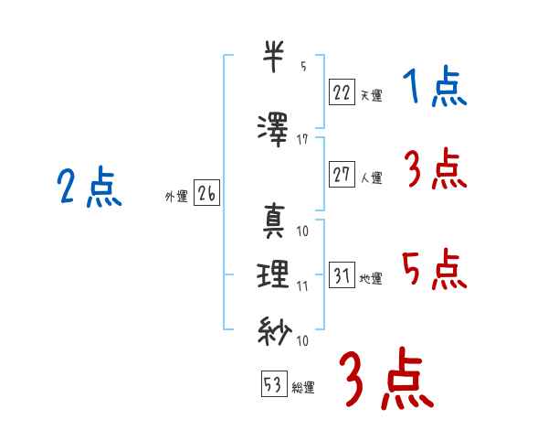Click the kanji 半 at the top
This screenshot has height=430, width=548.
pyautogui.click(x=273, y=57)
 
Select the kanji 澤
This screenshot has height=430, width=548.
pyautogui.click(x=273, y=130)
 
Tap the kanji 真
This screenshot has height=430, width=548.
pyautogui.click(x=273, y=221)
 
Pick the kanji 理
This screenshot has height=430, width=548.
pyautogui.click(x=273, y=274)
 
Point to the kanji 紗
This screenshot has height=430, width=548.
pyautogui.click(x=274, y=330)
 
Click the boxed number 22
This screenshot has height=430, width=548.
pyautogui.click(x=342, y=91)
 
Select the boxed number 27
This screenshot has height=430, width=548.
pyautogui.click(x=342, y=174)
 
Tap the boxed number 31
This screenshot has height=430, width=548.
pyautogui.click(x=342, y=274)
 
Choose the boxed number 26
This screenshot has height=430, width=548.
pyautogui.click(x=206, y=193)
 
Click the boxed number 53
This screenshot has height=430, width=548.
pyautogui.click(x=274, y=383)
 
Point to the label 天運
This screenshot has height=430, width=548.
pyautogui.click(x=371, y=95)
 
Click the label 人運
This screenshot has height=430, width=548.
pyautogui.click(x=371, y=177)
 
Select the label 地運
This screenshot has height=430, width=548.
pyautogui.click(x=371, y=279)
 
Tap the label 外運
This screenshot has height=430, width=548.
pyautogui.click(x=176, y=197)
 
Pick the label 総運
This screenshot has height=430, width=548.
pyautogui.click(x=303, y=388)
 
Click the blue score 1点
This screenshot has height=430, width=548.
pyautogui.click(x=435, y=86)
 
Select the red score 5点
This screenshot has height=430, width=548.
pyautogui.click(x=435, y=269)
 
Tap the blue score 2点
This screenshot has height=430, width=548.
pyautogui.click(x=90, y=187)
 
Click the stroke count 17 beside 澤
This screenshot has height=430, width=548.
pyautogui.click(x=302, y=140)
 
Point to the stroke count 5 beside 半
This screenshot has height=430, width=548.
pyautogui.click(x=303, y=66)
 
